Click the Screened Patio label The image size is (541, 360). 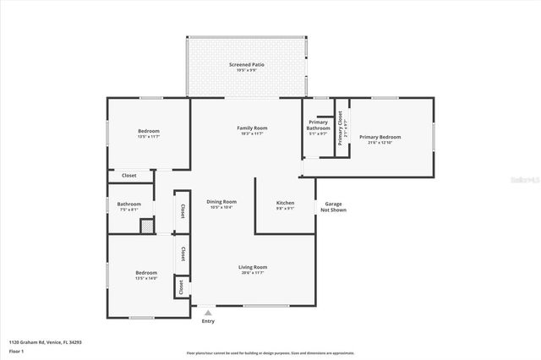(x=246, y=64)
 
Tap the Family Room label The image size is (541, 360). (x=254, y=128)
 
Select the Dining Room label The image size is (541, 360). (x=221, y=201)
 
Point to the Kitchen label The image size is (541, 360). (x=286, y=203)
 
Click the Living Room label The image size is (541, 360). (x=254, y=267)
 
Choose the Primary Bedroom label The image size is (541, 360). (x=380, y=137)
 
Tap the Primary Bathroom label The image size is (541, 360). (x=319, y=125)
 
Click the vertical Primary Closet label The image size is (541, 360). (x=341, y=128)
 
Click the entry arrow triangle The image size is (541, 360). (x=208, y=313)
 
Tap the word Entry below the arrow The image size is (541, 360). (x=208, y=321)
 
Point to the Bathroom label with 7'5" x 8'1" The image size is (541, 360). (x=129, y=204)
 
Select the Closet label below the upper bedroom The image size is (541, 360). (x=129, y=176)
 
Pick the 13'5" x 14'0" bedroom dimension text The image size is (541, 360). (x=147, y=278)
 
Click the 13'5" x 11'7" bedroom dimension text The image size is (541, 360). (x=149, y=137)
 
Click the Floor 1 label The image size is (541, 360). (x=16, y=350)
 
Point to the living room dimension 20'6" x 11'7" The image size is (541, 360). (x=254, y=273)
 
